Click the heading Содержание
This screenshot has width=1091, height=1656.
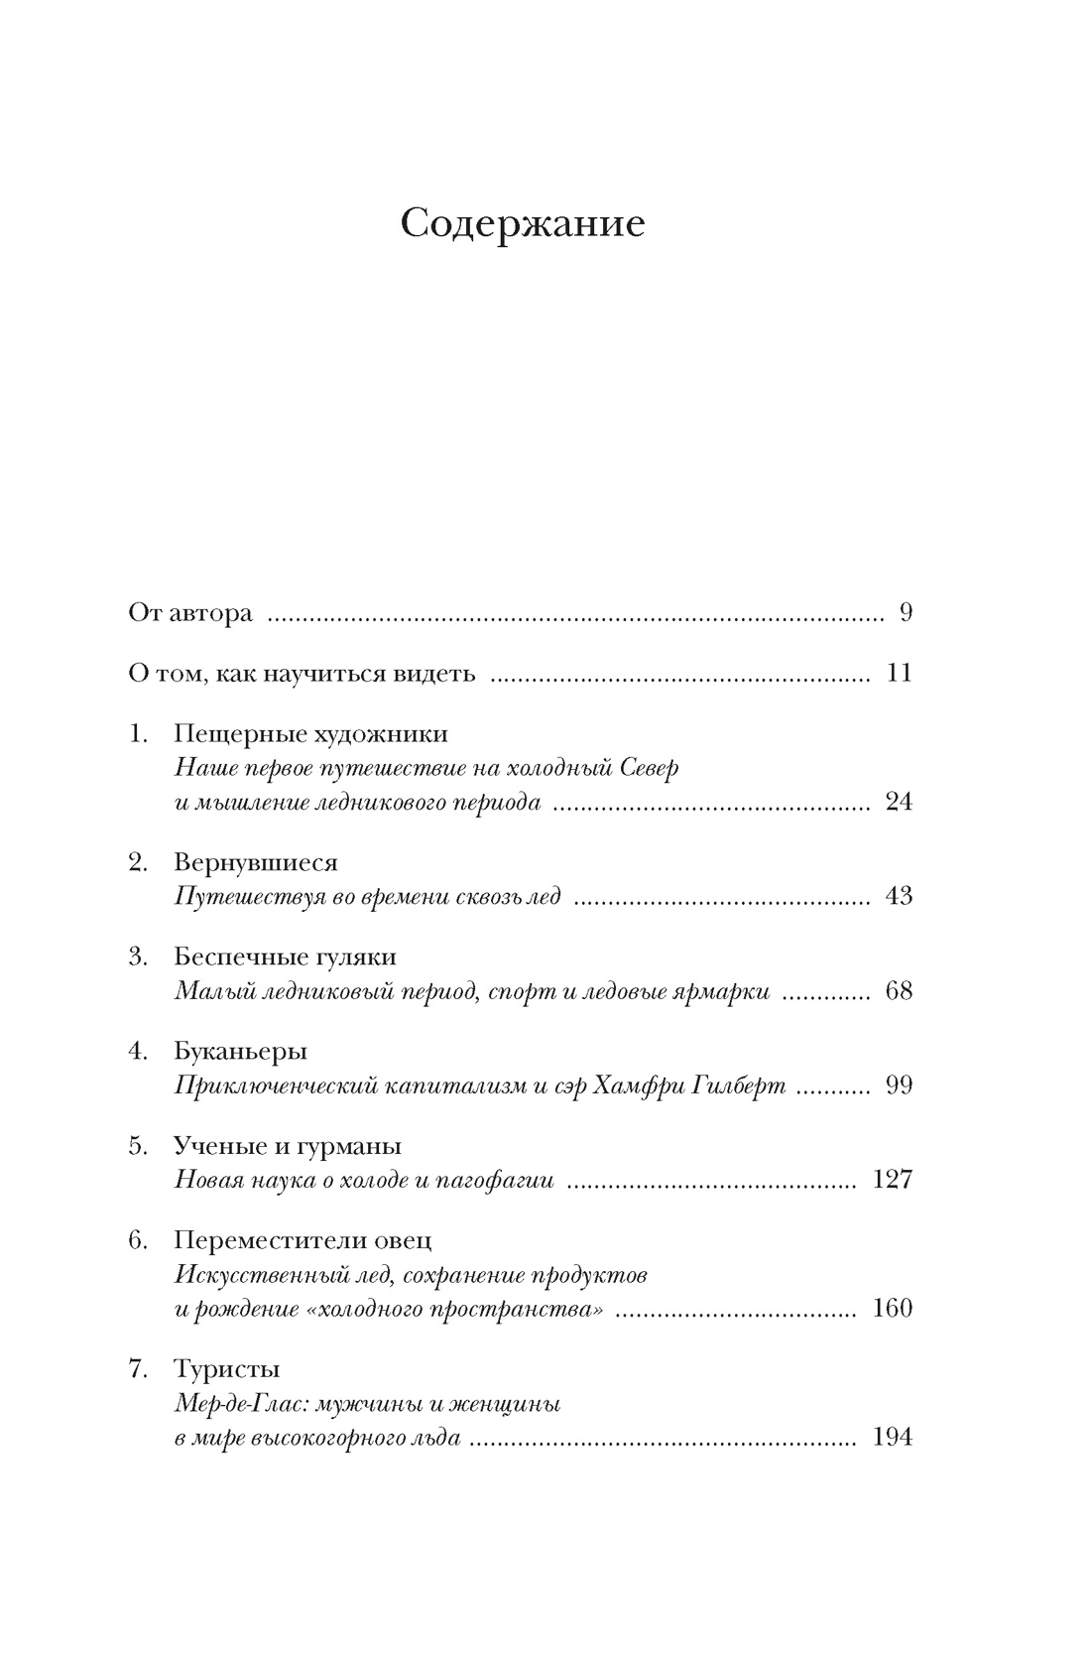click(x=523, y=224)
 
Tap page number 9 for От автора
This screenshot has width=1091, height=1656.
click(x=905, y=612)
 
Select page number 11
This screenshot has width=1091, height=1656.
click(x=899, y=674)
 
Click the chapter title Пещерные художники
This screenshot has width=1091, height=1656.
click(x=310, y=734)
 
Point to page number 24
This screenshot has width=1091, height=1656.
click(x=899, y=802)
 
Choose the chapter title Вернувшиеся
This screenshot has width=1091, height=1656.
click(x=256, y=862)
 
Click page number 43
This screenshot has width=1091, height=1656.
click(x=899, y=896)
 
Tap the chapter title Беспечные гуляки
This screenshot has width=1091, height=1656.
click(x=285, y=956)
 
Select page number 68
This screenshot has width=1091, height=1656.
click(x=899, y=990)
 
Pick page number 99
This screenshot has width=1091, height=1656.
click(x=899, y=1084)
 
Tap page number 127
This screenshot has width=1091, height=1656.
click(x=892, y=1179)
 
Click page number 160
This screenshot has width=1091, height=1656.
click(x=892, y=1307)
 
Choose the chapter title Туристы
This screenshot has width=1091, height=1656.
click(x=226, y=1369)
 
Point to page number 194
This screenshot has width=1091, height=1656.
click(x=892, y=1436)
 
